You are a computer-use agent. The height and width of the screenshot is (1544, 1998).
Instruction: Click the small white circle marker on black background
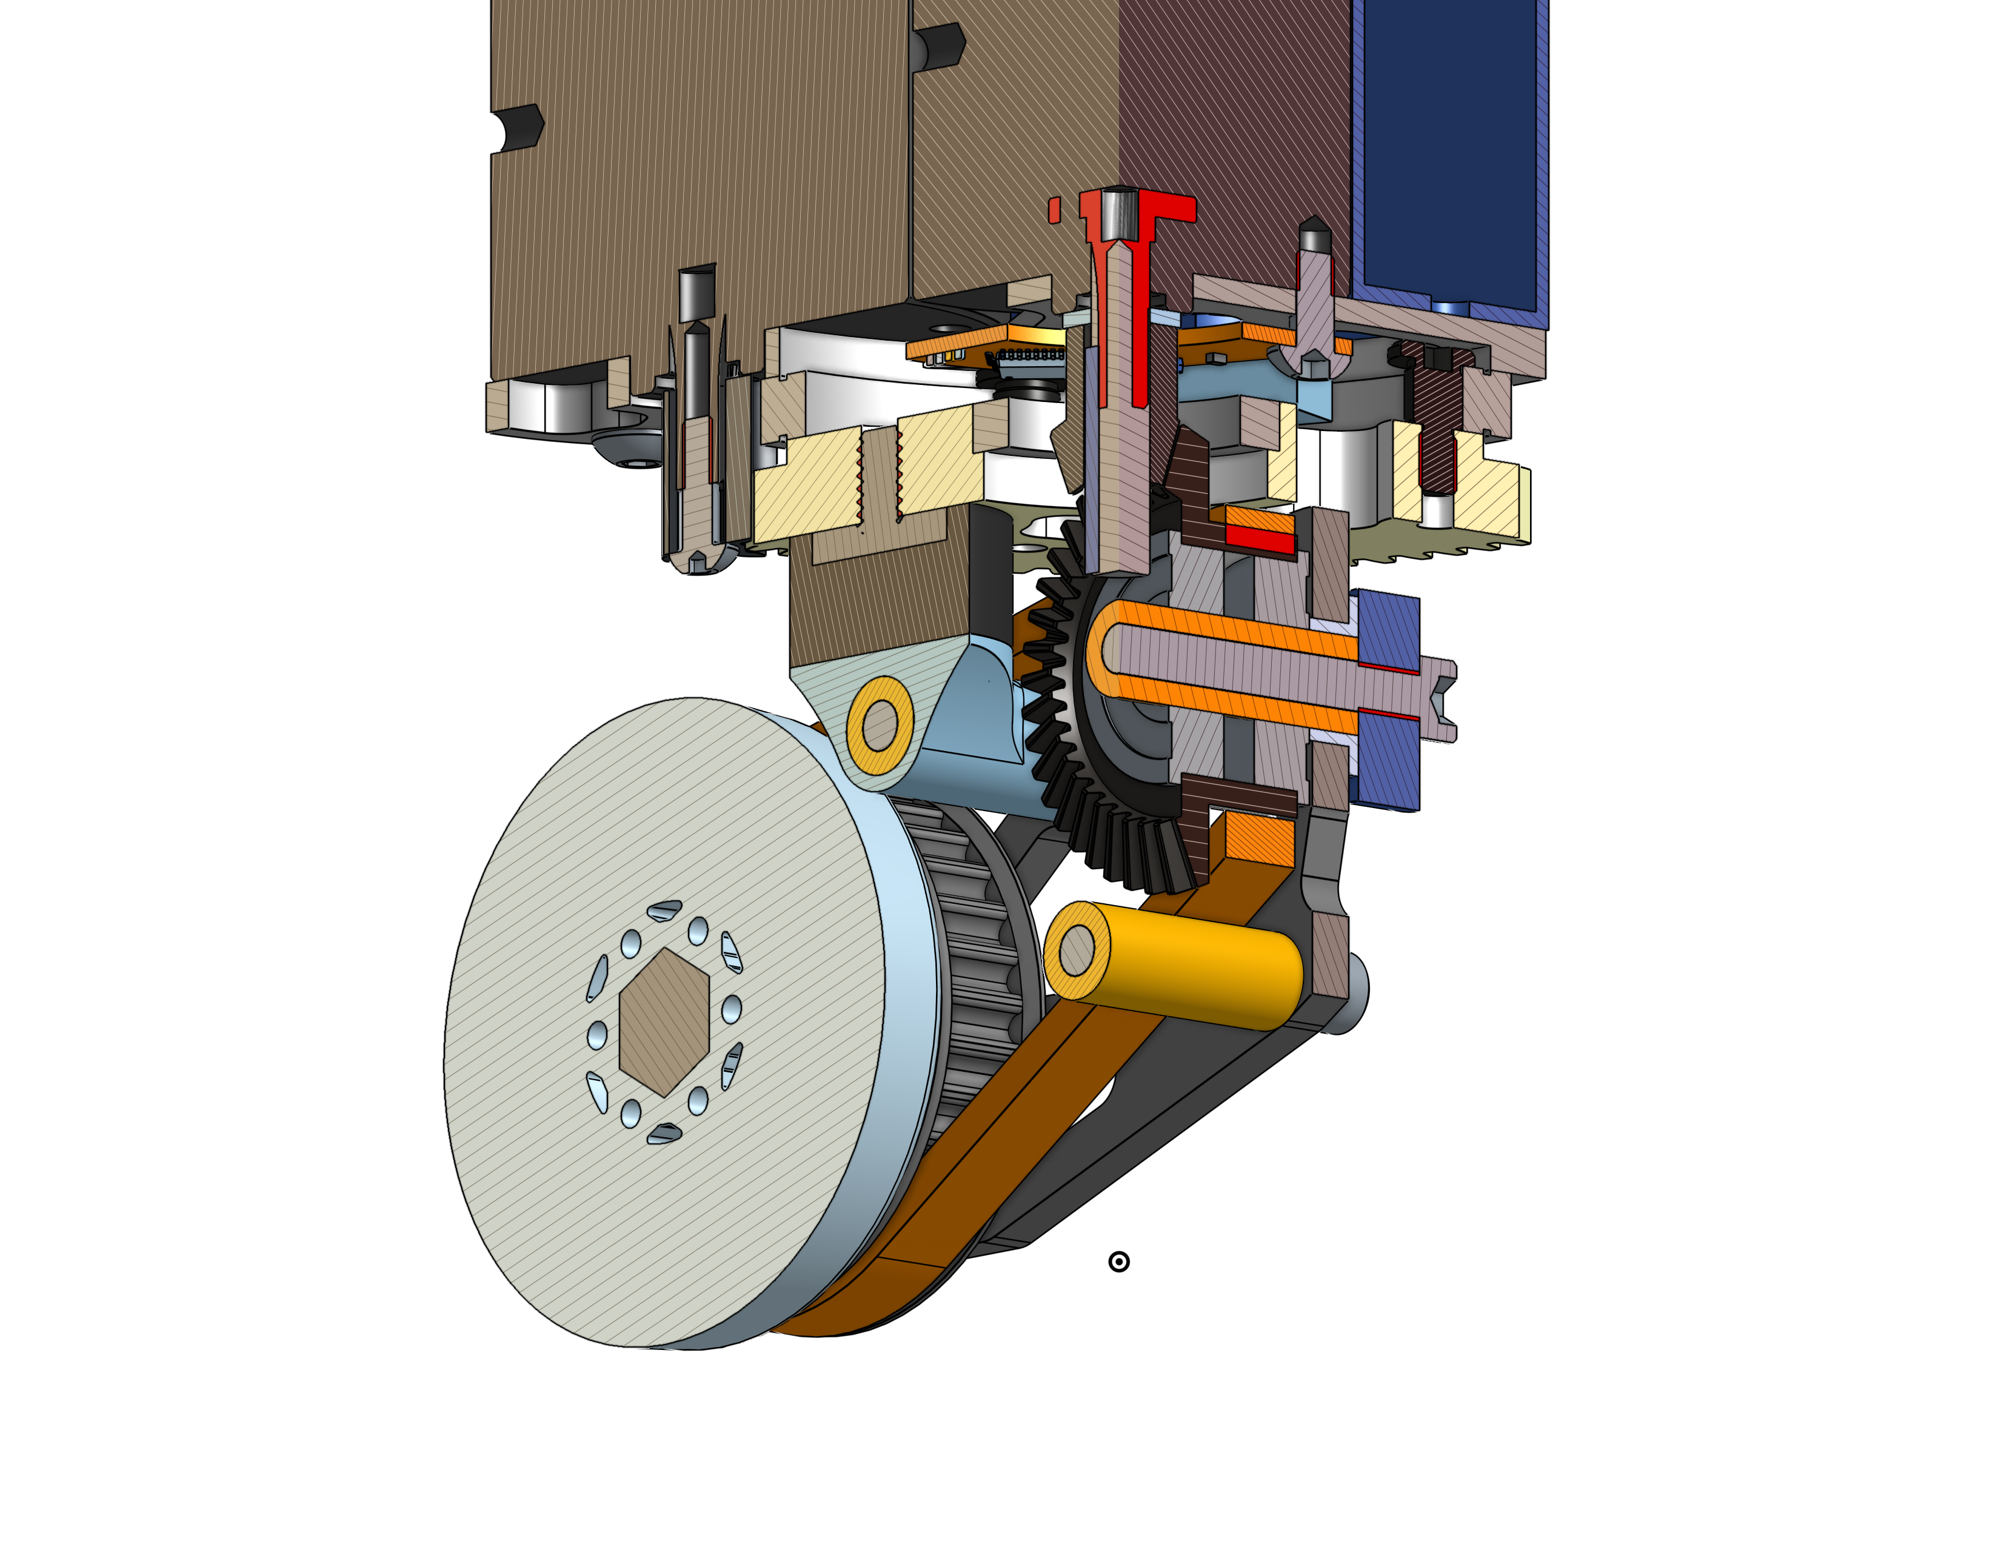coord(1118,1262)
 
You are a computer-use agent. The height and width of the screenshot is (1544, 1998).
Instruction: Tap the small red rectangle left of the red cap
coord(1054,210)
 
